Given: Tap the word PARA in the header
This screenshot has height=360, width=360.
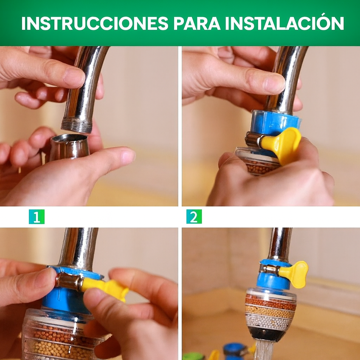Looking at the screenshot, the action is (197, 24).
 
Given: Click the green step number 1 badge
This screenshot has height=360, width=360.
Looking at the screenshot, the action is (37, 217).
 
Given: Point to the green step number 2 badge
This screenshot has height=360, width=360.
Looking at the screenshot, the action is (194, 217).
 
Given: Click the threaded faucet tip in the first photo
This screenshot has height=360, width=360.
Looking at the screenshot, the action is (77, 125).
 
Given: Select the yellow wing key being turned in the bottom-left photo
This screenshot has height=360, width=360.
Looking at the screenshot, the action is (104, 288).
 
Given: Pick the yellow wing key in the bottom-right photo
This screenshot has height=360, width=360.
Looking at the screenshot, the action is (294, 274).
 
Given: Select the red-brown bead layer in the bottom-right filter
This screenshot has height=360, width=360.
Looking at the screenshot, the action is (270, 302).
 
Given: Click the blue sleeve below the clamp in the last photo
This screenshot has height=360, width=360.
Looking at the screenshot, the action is (273, 281).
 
